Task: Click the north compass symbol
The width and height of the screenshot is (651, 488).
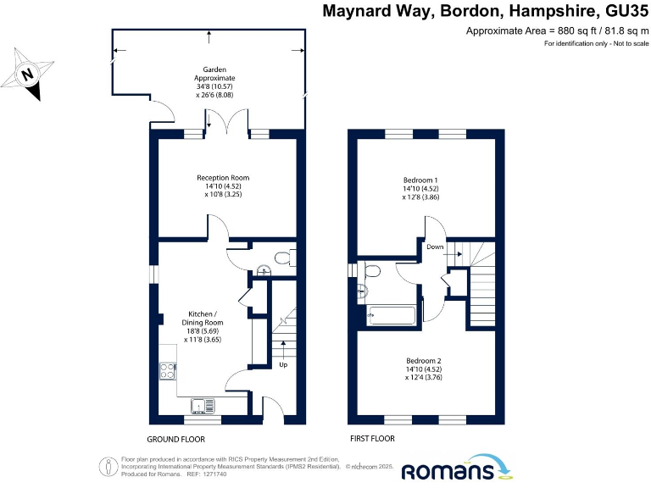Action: pos(27,74)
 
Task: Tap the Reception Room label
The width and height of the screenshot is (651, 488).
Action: pos(223,186)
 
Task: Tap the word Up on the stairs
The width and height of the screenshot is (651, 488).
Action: pos(283,366)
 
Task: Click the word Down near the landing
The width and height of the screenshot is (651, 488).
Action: pos(435,247)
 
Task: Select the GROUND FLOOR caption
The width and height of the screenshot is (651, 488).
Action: pos(175,440)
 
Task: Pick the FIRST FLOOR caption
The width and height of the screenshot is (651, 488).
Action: pos(373,440)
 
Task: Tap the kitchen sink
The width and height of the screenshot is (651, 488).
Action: pos(203,405)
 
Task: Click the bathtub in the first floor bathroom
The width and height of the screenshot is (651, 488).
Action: pos(391,316)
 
